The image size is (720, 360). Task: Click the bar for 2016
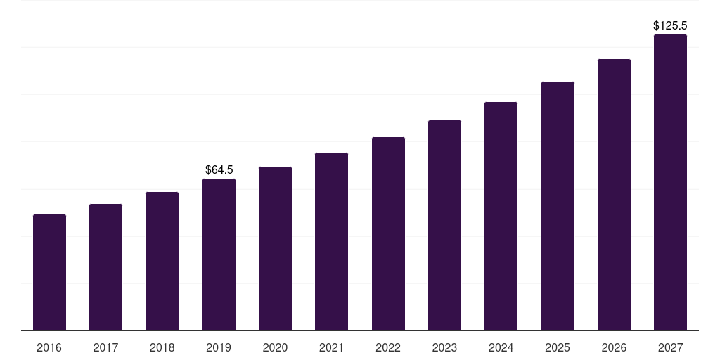point(49,273)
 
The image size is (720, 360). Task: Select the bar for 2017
point(105,267)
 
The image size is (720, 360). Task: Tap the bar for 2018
point(162,262)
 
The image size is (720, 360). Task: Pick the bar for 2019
point(219,255)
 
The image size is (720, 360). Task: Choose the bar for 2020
point(275,249)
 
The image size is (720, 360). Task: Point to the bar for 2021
point(331,242)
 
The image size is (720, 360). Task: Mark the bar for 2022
point(388,234)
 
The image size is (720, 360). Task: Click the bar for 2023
point(444,226)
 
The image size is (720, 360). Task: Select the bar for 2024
point(501,217)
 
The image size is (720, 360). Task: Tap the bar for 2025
point(558,206)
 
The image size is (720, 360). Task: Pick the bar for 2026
point(614,195)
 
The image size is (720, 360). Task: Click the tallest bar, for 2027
point(670,183)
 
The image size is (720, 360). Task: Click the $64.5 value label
point(219,169)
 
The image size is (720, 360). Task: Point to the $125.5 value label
point(670,26)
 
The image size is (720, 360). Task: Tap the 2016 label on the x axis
point(49,348)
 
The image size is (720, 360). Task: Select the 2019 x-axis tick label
point(219,348)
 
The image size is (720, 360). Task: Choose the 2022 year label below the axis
point(388,348)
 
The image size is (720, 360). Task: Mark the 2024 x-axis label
point(501,348)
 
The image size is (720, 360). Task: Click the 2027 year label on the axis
point(670,348)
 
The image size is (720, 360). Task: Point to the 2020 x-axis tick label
point(275,348)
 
